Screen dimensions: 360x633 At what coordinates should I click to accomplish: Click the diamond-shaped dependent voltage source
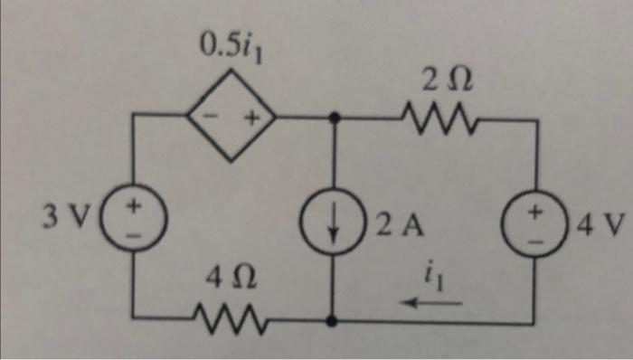230,118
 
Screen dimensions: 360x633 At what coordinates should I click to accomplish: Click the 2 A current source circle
335,226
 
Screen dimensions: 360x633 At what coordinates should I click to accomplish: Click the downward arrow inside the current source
335,227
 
